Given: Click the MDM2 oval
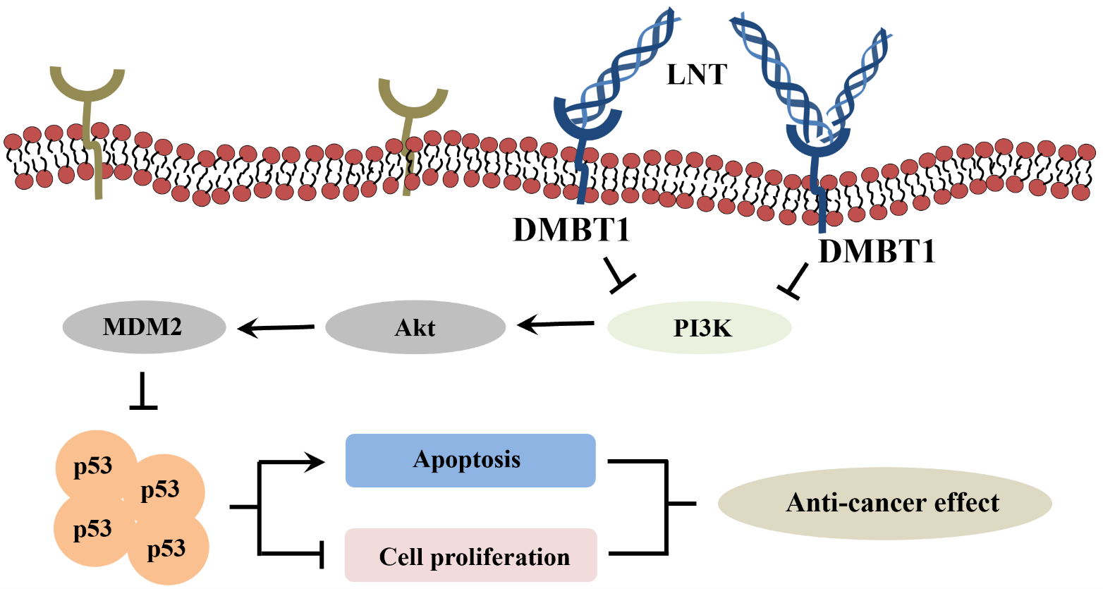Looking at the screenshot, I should tap(144, 327).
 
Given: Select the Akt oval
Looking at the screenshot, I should tap(415, 327).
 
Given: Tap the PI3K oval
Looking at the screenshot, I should tap(699, 327).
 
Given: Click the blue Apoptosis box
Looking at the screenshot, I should tap(470, 460).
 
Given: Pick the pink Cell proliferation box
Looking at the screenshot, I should tap(470, 556).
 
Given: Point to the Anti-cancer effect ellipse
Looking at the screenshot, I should tap(884, 503).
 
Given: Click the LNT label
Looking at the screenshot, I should tap(697, 74).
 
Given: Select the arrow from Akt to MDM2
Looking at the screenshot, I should tap(276, 327).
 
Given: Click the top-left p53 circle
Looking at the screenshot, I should tap(95, 466).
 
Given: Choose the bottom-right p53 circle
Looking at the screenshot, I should tap(168, 549).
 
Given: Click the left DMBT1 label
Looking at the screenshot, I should tap(571, 229).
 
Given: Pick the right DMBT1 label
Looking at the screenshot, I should tap(877, 250).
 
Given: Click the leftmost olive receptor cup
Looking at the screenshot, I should tap(87, 87).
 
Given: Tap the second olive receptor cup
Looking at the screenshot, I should tap(413, 99).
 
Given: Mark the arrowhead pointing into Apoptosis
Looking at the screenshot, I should tap(315, 462).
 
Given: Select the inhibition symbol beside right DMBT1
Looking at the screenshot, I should tap(794, 281).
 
